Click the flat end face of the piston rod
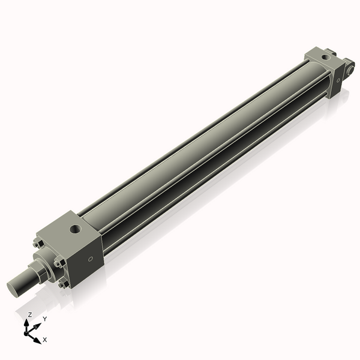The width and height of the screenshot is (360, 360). point(14,287)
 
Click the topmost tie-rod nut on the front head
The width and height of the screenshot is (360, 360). point(38,243)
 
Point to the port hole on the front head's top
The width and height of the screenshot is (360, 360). point(74,229)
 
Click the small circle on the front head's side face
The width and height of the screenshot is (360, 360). point(91,260)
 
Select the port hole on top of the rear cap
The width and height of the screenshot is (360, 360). point(325,56)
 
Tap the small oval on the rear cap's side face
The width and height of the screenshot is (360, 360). point(337,77)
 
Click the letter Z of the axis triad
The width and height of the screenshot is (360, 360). point(30,314)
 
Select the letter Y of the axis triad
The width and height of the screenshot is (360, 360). point(44,319)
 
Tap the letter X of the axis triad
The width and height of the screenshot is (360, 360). point(45,340)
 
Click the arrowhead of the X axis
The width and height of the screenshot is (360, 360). point(37,340)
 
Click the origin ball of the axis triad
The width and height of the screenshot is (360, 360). point(28,332)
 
